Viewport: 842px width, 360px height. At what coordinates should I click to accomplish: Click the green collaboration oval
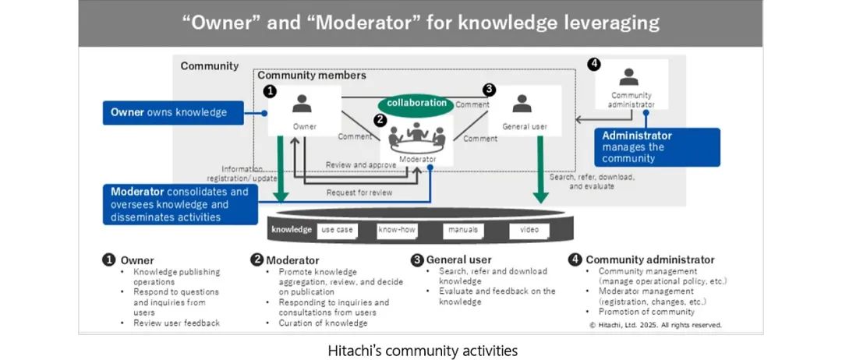pos(416,103)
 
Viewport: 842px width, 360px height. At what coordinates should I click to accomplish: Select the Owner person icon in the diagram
pos(304,103)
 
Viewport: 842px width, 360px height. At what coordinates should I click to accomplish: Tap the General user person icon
pos(522,104)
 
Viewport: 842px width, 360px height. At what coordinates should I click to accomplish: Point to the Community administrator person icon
pos(628,76)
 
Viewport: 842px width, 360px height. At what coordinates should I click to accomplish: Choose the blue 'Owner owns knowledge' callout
pos(173,112)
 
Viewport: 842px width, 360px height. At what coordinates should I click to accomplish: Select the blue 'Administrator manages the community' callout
pos(657,146)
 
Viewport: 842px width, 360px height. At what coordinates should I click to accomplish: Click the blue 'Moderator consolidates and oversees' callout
pos(180,204)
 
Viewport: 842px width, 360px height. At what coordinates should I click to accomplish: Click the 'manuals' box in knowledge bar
pos(463,230)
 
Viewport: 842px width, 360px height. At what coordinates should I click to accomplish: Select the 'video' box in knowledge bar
pos(529,230)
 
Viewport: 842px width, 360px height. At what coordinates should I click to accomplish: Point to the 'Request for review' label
pos(359,192)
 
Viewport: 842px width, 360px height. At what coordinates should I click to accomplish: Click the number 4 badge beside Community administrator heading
pos(575,259)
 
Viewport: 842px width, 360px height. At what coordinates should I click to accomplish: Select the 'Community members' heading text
pos(311,76)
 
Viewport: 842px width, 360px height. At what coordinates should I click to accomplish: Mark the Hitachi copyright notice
pos(655,325)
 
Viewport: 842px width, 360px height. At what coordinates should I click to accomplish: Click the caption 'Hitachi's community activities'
pos(422,351)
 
